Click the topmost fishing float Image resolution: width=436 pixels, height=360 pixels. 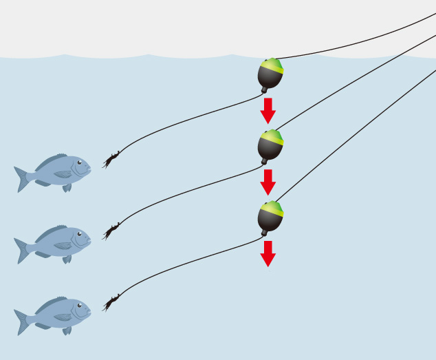(x=270, y=74)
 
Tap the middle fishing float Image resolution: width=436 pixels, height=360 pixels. (x=270, y=145)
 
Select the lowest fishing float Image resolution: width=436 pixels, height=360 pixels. (x=270, y=217)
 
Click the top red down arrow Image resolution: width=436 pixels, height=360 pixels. (x=268, y=111)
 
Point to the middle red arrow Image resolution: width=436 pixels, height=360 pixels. (x=268, y=182)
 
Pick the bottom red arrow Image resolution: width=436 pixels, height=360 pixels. (x=268, y=254)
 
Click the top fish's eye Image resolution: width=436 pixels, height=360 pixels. (x=79, y=163)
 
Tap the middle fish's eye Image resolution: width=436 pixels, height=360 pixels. (x=79, y=234)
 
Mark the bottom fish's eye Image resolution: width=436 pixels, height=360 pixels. (x=79, y=306)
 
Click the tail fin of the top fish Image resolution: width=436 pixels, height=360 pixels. (x=22, y=178)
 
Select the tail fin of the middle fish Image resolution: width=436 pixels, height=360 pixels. (x=22, y=250)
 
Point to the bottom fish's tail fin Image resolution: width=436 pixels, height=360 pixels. (x=22, y=321)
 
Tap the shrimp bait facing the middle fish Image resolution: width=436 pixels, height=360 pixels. (x=111, y=231)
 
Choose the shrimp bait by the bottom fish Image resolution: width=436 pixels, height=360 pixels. (x=111, y=303)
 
